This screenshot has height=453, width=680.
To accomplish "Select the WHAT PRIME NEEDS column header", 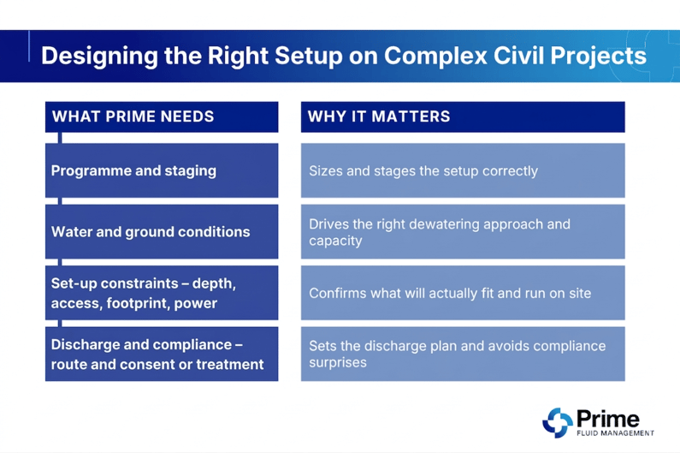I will (133, 116).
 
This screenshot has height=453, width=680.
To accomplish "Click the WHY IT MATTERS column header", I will (379, 116).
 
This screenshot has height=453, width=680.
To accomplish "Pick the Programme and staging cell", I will (161, 170).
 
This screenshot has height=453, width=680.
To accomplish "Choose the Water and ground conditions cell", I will (161, 231).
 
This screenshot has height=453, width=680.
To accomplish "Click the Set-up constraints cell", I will (161, 293).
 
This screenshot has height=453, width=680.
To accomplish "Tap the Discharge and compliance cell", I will (161, 354).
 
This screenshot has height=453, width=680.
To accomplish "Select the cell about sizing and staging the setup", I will (462, 170).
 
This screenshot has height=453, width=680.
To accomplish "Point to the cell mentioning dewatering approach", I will (462, 231).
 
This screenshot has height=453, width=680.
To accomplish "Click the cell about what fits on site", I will (462, 293).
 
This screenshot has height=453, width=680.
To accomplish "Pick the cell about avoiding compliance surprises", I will (462, 354).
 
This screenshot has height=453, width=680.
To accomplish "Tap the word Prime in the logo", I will (608, 419).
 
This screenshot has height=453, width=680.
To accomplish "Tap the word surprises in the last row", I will (338, 363).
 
